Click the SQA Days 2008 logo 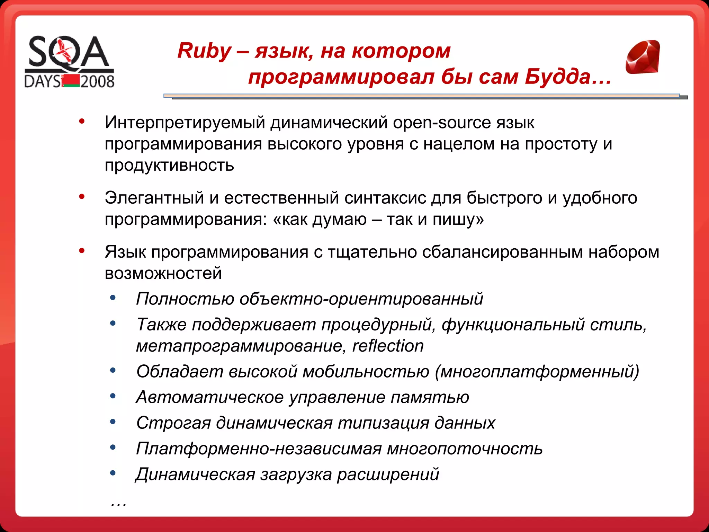click(69, 62)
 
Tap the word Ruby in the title click(204, 51)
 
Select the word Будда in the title click(557, 77)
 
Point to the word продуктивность click(169, 165)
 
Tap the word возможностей click(163, 273)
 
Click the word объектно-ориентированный click(361, 299)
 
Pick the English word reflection click(388, 346)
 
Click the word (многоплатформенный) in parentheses click(537, 372)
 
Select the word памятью click(430, 397)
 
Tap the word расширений click(388, 474)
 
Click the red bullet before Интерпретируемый click(82, 121)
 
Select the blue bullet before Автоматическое click(113, 396)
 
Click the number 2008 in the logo click(97, 81)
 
